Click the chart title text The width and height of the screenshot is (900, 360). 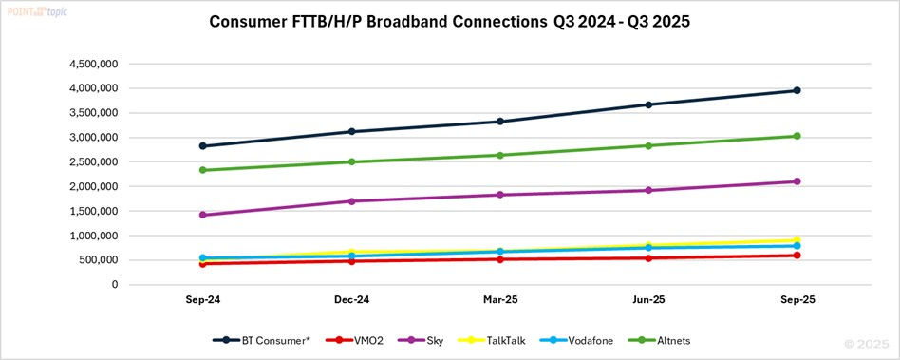[x=450, y=23]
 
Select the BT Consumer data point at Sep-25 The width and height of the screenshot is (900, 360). [x=797, y=90]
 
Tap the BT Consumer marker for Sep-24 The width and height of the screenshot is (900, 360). [x=203, y=146]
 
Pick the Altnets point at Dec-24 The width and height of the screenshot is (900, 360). [x=351, y=161]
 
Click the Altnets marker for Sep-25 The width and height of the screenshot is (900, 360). [x=797, y=136]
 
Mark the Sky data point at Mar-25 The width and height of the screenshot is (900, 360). [x=499, y=195]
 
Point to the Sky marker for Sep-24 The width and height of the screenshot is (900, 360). [x=203, y=215]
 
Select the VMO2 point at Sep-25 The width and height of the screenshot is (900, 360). [x=797, y=255]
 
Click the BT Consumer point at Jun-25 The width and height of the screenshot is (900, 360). [x=648, y=104]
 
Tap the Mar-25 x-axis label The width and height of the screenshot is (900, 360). [x=499, y=299]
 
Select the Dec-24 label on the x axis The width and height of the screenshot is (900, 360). [x=351, y=299]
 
